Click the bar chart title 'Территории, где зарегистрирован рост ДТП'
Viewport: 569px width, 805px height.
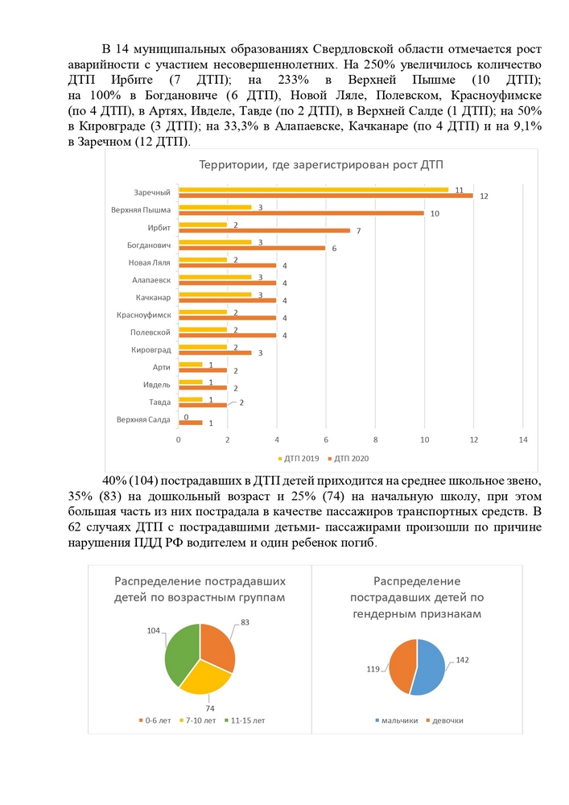(320, 165)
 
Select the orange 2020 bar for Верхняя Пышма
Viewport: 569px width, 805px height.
(301, 213)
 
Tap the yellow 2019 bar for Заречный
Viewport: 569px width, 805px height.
(314, 189)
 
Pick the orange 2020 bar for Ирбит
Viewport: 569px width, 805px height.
(264, 230)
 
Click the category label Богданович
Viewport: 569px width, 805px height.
(149, 246)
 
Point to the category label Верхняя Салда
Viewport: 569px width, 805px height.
(143, 419)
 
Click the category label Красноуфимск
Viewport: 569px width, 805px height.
(144, 315)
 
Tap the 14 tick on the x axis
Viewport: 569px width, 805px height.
(523, 440)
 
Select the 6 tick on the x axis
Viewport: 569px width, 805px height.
(326, 440)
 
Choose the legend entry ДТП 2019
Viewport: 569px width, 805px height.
(299, 459)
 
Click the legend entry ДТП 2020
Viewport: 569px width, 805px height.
(348, 459)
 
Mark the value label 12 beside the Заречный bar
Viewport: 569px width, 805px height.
(484, 196)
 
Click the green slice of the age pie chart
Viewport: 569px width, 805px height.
(180, 652)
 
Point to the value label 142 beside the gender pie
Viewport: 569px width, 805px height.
(462, 660)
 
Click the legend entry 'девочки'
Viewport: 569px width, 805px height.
(445, 720)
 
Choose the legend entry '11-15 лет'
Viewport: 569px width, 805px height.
(245, 720)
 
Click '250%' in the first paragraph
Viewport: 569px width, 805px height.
(378, 64)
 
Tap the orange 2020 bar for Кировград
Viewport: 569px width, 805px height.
(215, 353)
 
